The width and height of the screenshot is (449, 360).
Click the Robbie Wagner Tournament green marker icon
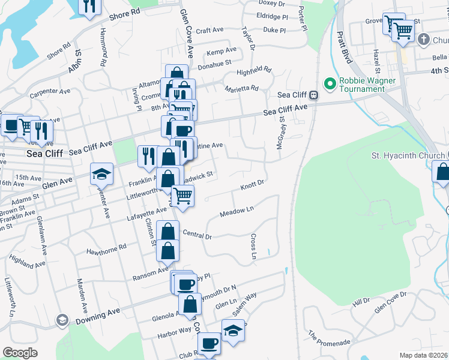[x=329, y=83]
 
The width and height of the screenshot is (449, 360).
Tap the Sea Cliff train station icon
[x=313, y=95]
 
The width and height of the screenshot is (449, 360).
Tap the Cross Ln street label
[x=253, y=247]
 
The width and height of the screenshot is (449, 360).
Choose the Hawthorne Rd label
[x=106, y=248]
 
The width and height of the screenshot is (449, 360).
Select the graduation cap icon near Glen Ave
[x=101, y=174]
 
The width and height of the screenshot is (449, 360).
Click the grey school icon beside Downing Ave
[x=61, y=320]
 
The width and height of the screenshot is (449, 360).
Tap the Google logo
[x=20, y=353]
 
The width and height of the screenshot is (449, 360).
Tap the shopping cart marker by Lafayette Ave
[x=182, y=195]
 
